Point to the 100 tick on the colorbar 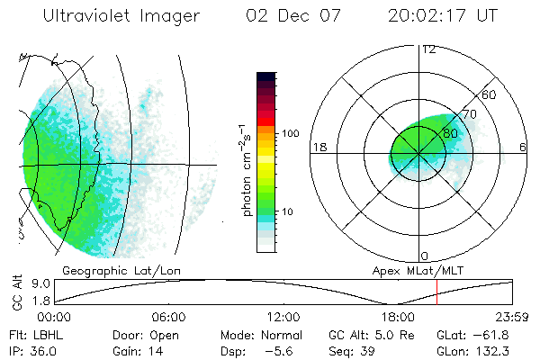[291, 132]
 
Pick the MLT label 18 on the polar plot [319, 147]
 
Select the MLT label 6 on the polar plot [523, 147]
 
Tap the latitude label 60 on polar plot [490, 94]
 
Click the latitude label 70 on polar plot [469, 114]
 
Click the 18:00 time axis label [398, 317]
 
